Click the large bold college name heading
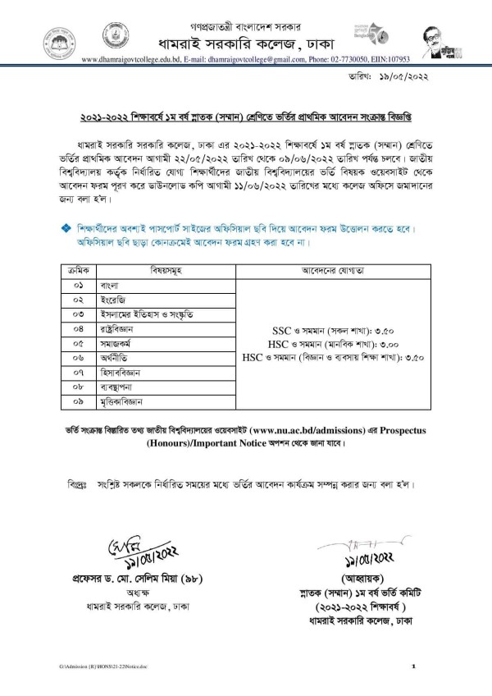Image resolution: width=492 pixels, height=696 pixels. (x=246, y=41)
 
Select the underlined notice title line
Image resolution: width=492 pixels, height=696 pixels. (x=246, y=117)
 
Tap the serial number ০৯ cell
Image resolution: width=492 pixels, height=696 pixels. (x=79, y=403)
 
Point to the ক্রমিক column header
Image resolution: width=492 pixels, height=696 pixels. (x=79, y=270)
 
